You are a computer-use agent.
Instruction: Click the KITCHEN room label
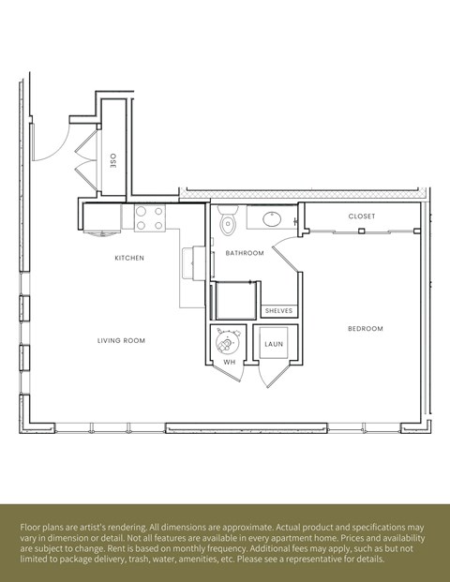(x=129, y=258)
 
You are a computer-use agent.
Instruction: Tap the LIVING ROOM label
(x=121, y=341)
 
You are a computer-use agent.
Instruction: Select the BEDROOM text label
(x=366, y=328)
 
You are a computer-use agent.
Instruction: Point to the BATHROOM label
(x=245, y=253)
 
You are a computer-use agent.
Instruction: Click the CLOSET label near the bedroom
(x=362, y=216)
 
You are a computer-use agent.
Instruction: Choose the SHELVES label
(x=278, y=310)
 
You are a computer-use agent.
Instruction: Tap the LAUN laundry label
(x=274, y=344)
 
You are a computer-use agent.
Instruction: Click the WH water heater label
(x=229, y=362)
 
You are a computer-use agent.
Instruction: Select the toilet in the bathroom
(x=226, y=222)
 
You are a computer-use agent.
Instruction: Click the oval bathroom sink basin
(x=270, y=219)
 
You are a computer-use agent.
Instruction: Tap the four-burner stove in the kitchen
(x=148, y=218)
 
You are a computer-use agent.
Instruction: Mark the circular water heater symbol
(x=228, y=340)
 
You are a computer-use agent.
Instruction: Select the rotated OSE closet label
(x=113, y=160)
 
